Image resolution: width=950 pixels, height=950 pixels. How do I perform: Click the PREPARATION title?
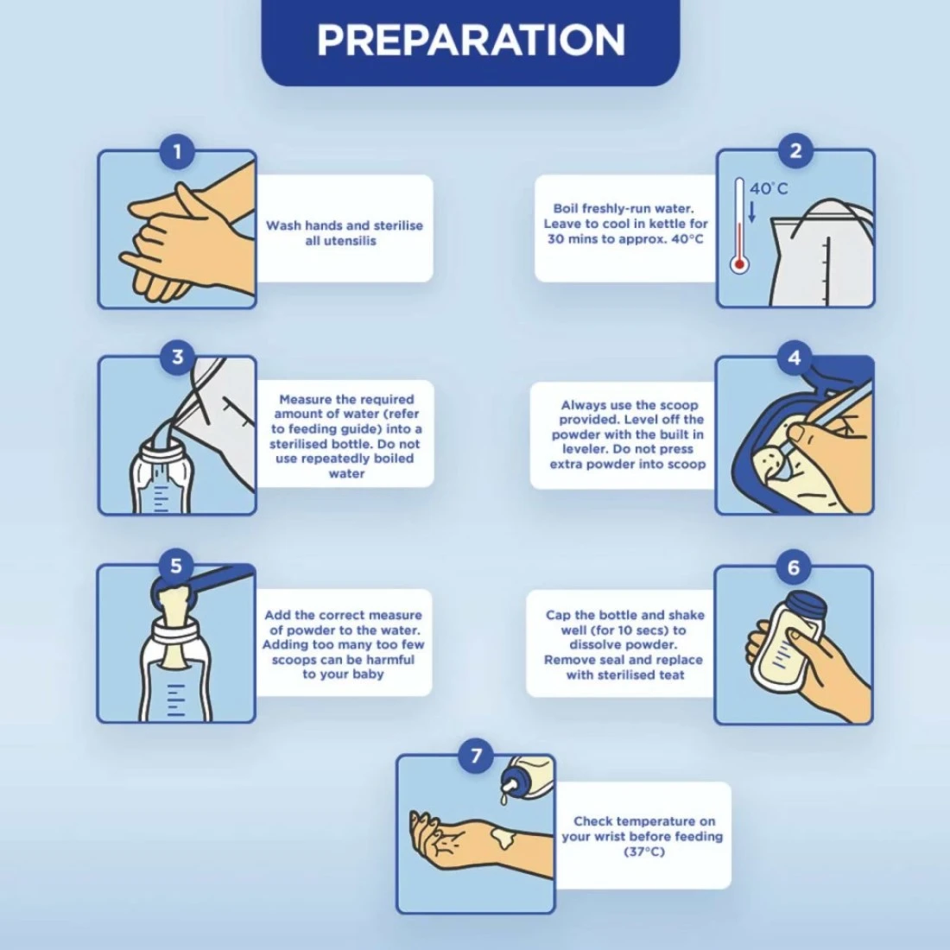pos(470,40)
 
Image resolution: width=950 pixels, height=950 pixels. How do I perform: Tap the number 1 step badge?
pos(177,151)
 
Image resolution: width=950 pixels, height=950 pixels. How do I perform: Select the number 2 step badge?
pos(795,150)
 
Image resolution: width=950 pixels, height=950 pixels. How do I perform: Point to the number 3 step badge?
pos(177,356)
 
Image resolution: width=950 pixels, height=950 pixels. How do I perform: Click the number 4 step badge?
pos(795,358)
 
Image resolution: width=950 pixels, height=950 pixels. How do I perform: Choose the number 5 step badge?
pos(175,566)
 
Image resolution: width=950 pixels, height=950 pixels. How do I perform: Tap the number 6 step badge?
pos(793,567)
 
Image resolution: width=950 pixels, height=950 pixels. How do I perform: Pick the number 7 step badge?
pos(476,756)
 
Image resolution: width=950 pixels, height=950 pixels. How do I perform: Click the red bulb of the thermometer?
pos(739,265)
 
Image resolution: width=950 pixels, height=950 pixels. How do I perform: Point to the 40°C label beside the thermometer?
pos(769,188)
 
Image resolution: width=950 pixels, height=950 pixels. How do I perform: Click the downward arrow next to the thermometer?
pos(752,212)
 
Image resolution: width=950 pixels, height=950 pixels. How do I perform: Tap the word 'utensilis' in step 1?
pos(340,241)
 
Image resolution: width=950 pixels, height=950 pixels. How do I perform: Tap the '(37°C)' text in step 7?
pos(643,852)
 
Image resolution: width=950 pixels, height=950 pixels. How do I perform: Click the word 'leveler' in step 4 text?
pos(584,449)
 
